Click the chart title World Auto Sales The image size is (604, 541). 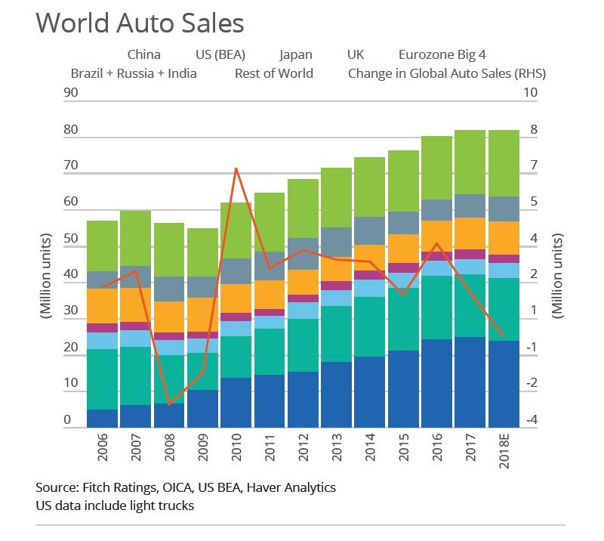(x=140, y=23)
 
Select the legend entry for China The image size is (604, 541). (x=143, y=54)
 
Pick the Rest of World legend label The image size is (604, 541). (x=273, y=73)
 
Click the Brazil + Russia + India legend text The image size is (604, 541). (x=134, y=73)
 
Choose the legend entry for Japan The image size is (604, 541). (x=296, y=54)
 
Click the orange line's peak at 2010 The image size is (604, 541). (x=236, y=168)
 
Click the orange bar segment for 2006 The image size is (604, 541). (x=103, y=306)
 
